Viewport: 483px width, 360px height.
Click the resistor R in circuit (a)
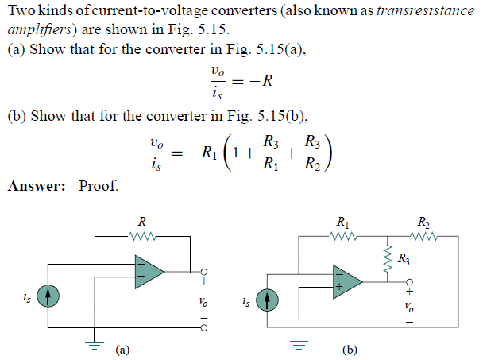pyautogui.click(x=142, y=236)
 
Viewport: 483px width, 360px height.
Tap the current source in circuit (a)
pyautogui.click(x=48, y=296)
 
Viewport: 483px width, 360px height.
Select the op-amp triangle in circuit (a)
pyautogui.click(x=149, y=272)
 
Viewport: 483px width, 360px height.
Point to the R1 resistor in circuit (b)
pyautogui.click(x=343, y=236)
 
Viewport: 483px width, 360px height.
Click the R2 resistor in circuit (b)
pyautogui.click(x=424, y=236)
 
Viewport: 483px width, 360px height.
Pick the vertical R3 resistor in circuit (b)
pyautogui.click(x=388, y=259)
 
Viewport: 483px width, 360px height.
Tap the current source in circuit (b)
pyautogui.click(x=267, y=300)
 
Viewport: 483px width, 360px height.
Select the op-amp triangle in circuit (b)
pyautogui.click(x=348, y=281)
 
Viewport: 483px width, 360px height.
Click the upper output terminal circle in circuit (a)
pyautogui.click(x=204, y=272)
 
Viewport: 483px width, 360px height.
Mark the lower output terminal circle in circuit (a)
pyautogui.click(x=204, y=327)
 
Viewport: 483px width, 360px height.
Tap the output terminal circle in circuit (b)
pyautogui.click(x=409, y=281)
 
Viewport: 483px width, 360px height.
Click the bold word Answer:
pyautogui.click(x=37, y=186)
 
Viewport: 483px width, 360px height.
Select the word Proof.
pyautogui.click(x=99, y=186)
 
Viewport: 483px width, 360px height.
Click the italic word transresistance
pyautogui.click(x=425, y=10)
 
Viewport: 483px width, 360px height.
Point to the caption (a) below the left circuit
pyautogui.click(x=122, y=350)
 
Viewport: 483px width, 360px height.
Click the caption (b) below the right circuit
pyautogui.click(x=350, y=350)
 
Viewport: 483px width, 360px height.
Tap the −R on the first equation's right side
pyautogui.click(x=261, y=81)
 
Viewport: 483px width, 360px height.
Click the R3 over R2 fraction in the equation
pyautogui.click(x=313, y=153)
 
